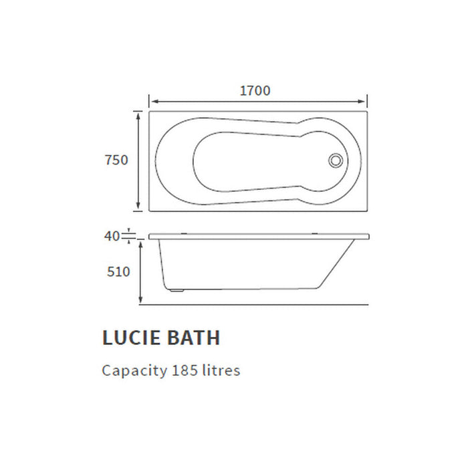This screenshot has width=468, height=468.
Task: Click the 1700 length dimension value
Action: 255,90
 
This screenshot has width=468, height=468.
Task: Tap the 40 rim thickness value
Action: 112,236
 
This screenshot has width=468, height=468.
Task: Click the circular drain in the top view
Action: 336,160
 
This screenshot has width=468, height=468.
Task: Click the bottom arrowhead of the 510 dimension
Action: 140,301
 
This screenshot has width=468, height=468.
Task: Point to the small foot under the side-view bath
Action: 176,291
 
